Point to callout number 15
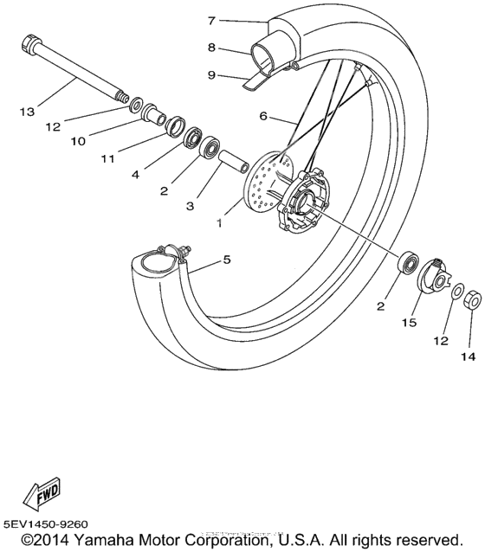click(x=408, y=322)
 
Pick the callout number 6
click(x=265, y=115)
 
